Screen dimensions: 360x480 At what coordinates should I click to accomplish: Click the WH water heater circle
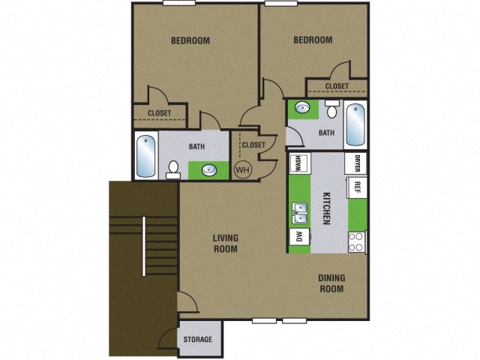pos(243,169)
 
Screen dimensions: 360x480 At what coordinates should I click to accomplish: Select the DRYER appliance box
pos(357,163)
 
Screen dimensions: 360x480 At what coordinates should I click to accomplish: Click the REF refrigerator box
pos(357,187)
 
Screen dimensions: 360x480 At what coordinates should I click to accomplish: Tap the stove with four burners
pos(356,241)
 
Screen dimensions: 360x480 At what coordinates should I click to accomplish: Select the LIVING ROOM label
pos(225,243)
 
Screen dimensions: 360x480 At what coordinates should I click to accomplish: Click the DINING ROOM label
pos(331,283)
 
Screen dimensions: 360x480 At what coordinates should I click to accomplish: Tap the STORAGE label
pos(198,340)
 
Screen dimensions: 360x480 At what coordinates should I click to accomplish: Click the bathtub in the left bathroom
pos(145,155)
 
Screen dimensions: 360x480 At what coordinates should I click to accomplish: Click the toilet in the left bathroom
pos(173,169)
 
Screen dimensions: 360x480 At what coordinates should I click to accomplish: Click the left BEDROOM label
pos(190,40)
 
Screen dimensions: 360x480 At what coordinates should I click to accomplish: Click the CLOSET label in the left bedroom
pos(159,113)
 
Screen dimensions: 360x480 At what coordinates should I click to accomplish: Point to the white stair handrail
pos(143,246)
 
